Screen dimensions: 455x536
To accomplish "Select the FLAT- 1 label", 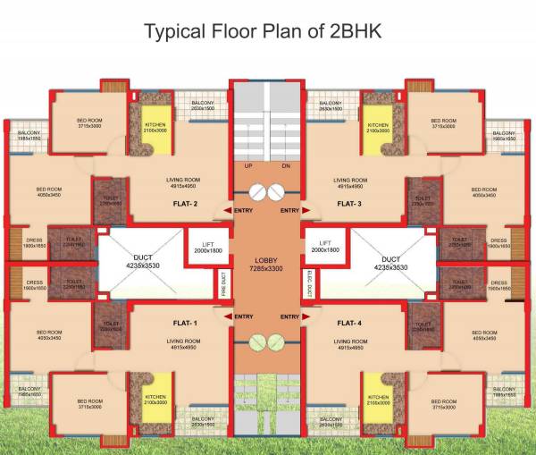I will pos(185,322).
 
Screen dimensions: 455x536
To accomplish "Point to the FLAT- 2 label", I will pos(185,204).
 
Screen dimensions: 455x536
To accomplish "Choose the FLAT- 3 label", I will pos(349,204).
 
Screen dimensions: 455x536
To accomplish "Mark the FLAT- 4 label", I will pos(349,322).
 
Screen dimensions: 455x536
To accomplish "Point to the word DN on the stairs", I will pos(285,166).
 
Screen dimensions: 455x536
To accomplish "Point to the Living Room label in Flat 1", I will pos(185,344).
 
